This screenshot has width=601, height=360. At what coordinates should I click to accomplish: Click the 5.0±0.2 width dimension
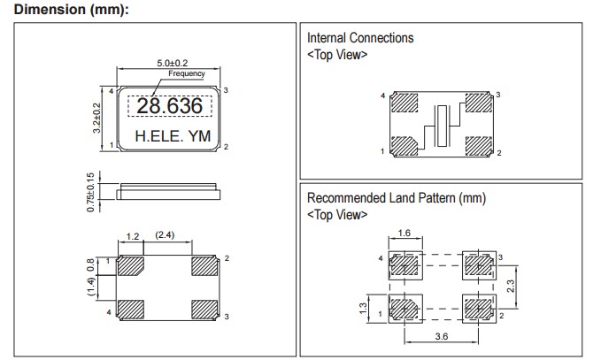[166, 64]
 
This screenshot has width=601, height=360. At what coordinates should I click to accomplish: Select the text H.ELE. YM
[171, 137]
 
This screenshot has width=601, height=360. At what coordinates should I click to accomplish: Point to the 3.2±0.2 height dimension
[97, 118]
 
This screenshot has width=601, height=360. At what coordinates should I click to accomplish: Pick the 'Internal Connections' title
[359, 38]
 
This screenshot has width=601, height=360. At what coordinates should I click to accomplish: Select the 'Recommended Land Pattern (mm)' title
[396, 197]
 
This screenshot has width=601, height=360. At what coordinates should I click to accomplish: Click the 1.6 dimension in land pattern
[404, 234]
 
